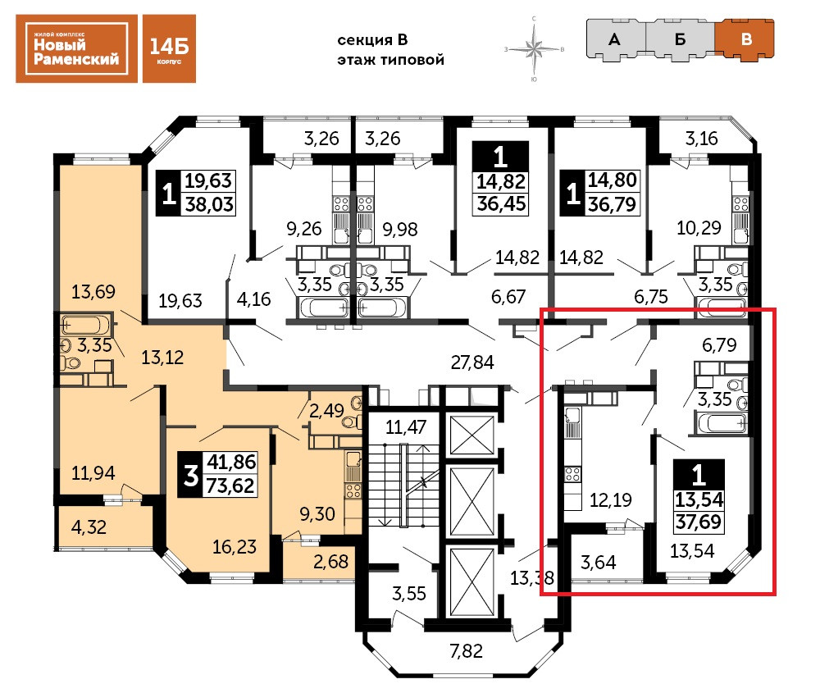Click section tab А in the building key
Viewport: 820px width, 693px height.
click(613, 39)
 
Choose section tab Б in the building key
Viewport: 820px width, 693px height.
click(680, 39)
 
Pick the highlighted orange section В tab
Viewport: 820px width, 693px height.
click(745, 39)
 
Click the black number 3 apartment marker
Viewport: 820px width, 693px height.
click(190, 473)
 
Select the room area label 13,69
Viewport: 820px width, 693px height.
click(94, 291)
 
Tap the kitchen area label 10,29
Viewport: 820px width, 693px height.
click(699, 228)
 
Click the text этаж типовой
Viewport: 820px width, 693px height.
click(390, 60)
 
